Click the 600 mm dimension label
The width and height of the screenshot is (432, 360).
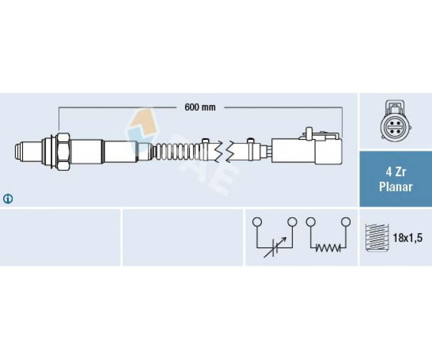200,107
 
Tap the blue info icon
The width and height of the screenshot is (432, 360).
8,199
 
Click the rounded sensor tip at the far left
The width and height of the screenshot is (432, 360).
19,151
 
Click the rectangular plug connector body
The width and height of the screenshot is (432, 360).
306,150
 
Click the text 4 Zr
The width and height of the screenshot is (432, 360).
396,172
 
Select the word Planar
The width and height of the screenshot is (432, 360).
396,187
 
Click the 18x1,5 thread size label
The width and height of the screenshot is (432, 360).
407,238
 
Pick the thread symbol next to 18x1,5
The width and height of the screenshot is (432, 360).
377,237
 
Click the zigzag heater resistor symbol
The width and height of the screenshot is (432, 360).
328,248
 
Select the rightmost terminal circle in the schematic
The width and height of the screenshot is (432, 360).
346,221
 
